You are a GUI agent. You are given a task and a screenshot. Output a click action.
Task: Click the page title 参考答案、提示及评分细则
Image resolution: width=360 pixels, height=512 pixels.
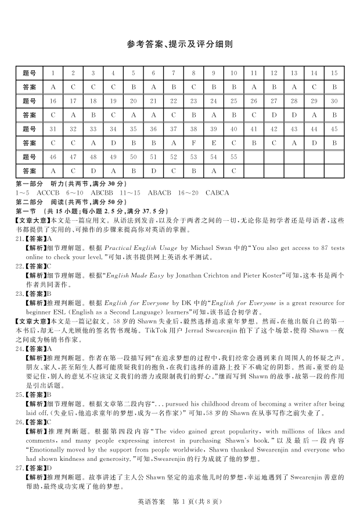[179, 44]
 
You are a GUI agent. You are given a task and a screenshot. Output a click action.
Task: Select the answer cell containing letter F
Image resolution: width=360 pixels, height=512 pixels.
[193, 143]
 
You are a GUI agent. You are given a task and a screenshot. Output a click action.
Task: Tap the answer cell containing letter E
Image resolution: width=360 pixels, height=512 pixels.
[214, 143]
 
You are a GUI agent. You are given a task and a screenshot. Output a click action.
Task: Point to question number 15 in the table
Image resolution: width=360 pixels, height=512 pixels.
[334, 73]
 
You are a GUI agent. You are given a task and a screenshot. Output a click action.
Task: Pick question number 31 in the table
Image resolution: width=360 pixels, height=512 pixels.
[53, 129]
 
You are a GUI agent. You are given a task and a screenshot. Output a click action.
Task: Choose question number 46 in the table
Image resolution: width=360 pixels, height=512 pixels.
[53, 157]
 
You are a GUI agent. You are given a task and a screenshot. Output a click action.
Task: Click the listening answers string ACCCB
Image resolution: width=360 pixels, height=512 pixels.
[48, 192]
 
